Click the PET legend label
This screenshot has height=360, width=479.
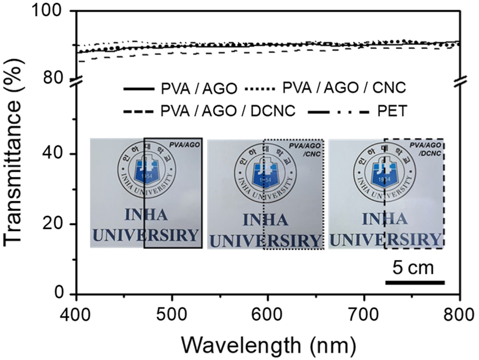coord(392,111)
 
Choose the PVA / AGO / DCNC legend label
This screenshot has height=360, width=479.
coord(228,111)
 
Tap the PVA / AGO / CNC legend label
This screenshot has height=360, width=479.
coord(344,88)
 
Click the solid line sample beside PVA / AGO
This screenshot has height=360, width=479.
coord(139,89)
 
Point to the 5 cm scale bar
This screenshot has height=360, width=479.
coord(415,283)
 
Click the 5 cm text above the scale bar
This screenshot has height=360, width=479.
coord(413,268)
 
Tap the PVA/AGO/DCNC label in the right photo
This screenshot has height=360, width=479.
coord(425,149)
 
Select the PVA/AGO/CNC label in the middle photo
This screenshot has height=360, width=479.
coord(304,150)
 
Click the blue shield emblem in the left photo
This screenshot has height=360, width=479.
coord(146,172)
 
